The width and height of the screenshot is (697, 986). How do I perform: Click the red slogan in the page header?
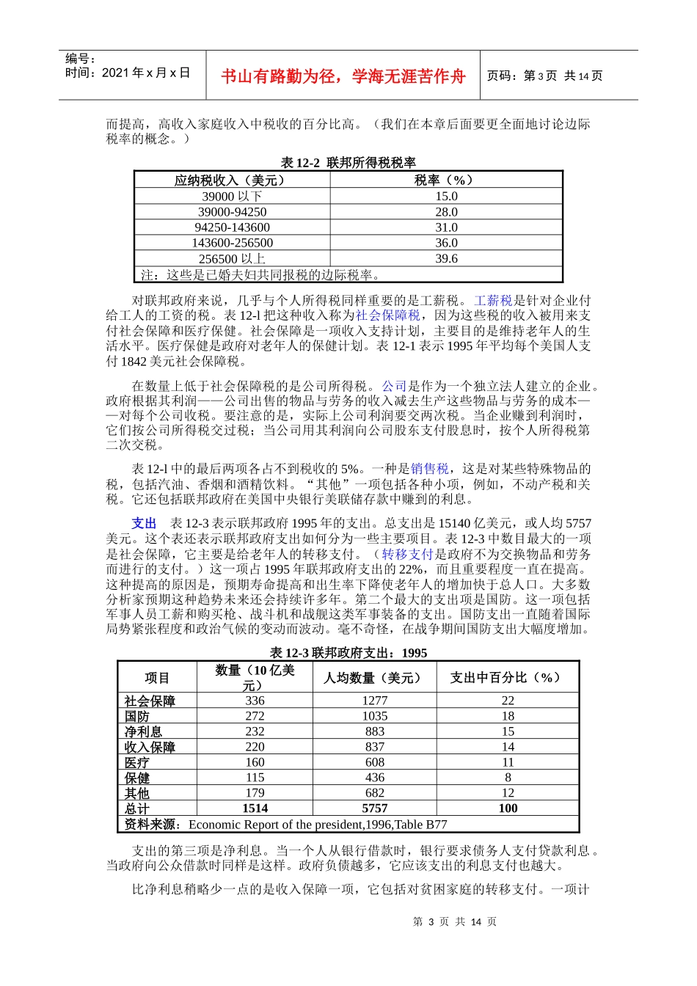[343, 76]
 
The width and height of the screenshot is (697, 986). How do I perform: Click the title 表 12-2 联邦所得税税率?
[348, 163]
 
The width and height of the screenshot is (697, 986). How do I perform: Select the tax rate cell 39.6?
[446, 258]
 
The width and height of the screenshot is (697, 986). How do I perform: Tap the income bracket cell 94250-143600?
[232, 227]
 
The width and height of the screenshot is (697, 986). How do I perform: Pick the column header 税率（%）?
[446, 180]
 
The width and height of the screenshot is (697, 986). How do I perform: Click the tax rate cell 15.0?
[446, 197]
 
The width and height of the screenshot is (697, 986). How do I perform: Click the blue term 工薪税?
[492, 300]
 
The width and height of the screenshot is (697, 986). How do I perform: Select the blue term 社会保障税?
[388, 315]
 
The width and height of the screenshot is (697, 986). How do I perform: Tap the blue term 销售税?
[430, 469]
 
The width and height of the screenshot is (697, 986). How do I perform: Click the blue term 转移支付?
[408, 554]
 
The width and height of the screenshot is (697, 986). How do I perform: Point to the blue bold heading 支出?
[144, 523]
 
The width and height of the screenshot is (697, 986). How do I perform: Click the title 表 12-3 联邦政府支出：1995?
[348, 653]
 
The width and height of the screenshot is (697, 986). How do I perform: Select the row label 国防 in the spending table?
[137, 716]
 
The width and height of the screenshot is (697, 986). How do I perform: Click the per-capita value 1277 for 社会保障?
[375, 701]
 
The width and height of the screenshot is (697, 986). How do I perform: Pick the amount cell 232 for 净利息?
[255, 731]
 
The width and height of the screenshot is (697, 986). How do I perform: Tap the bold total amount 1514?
[255, 808]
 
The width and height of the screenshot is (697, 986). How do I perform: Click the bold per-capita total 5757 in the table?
[375, 808]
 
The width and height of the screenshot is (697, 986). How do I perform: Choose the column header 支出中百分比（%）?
[507, 677]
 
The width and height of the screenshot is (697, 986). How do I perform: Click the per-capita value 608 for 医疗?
[375, 762]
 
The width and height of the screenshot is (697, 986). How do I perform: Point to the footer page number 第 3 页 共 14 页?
[455, 921]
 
